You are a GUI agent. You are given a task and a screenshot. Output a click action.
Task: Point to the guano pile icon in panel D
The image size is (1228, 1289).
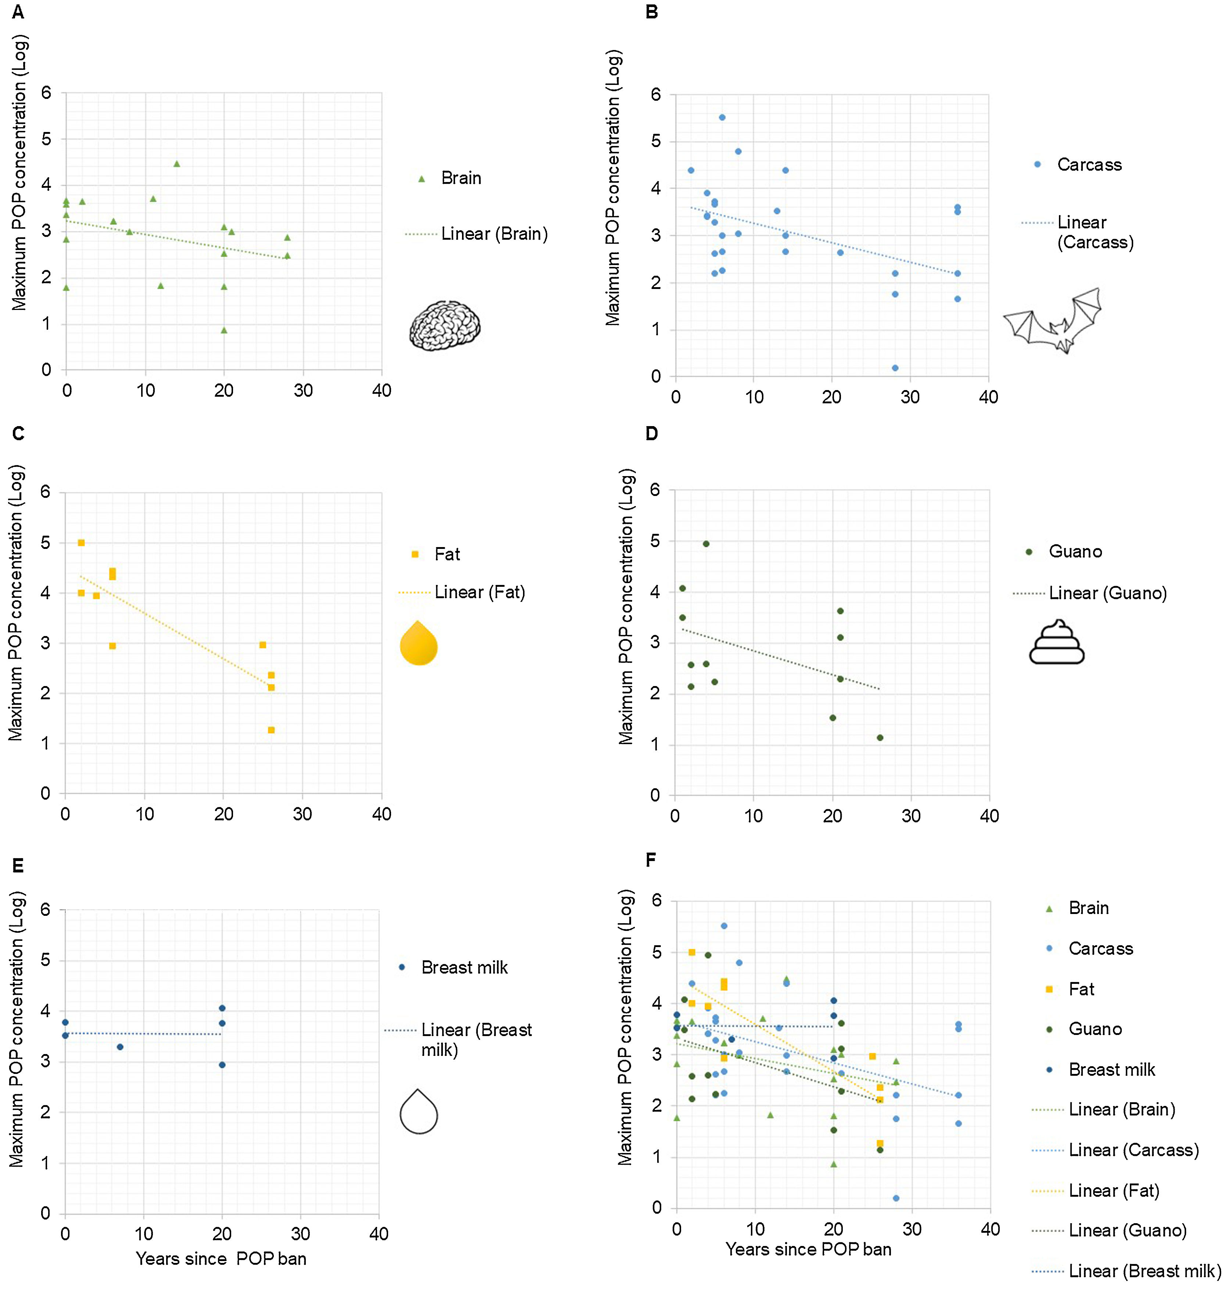[x=1056, y=643]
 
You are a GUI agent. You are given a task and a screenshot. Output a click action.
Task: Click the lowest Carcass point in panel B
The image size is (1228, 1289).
[x=895, y=368]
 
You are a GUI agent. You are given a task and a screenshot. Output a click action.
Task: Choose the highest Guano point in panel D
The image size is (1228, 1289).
[x=706, y=543]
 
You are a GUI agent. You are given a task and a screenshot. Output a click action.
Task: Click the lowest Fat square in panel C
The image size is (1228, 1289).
[x=271, y=730]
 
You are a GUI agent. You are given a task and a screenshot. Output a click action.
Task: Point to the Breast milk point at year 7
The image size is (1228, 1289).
[x=120, y=1047]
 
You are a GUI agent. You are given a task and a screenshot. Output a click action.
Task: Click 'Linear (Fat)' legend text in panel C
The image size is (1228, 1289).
[x=480, y=592]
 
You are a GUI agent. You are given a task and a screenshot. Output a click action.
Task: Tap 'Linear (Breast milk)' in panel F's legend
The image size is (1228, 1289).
[x=1144, y=1271]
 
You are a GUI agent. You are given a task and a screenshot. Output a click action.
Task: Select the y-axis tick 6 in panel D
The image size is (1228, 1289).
[x=655, y=490]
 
